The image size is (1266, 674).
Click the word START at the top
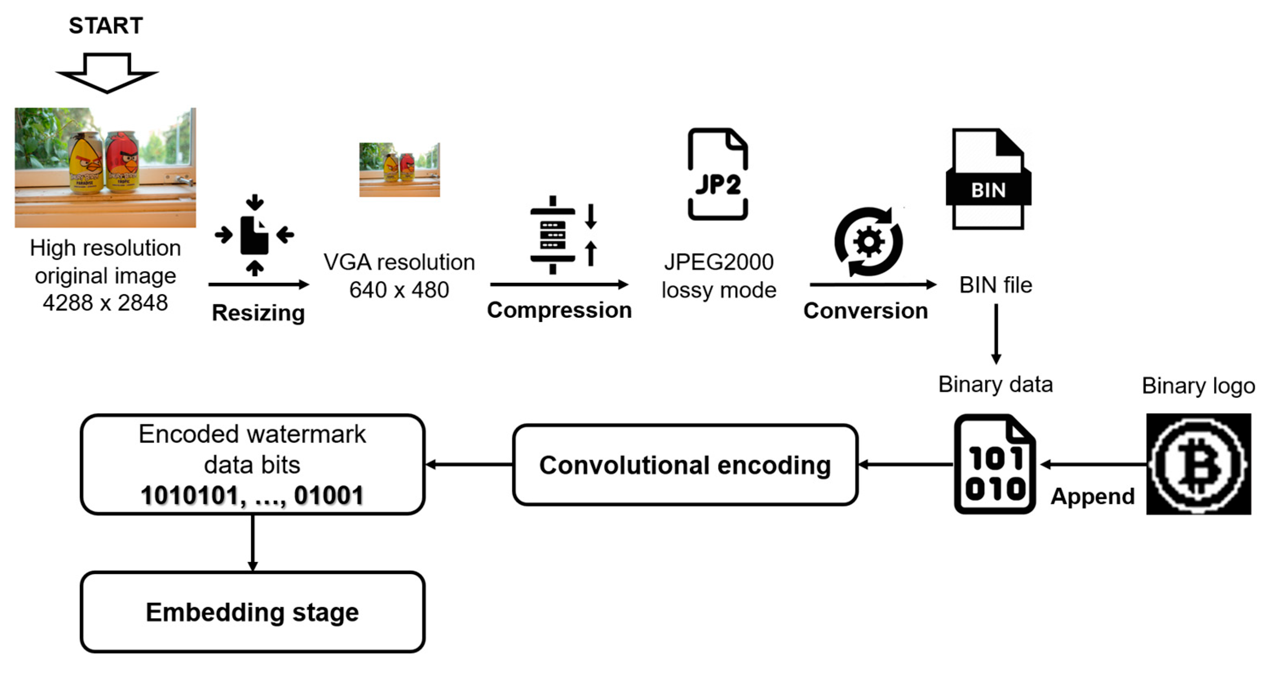106,26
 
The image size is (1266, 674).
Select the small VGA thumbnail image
400,170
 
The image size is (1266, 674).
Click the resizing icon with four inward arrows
254,235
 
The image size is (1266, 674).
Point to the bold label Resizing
259,313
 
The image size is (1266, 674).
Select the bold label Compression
559,311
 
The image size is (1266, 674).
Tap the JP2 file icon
718,174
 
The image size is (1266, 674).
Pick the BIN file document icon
988,179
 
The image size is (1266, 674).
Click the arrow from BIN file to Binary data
996,334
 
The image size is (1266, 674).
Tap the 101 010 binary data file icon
995,464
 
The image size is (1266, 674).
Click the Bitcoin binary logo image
1199,464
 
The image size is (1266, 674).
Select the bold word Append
1093,497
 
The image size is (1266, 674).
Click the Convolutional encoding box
685,465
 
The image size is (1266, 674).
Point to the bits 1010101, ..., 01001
252,495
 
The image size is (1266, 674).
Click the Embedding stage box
253,612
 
